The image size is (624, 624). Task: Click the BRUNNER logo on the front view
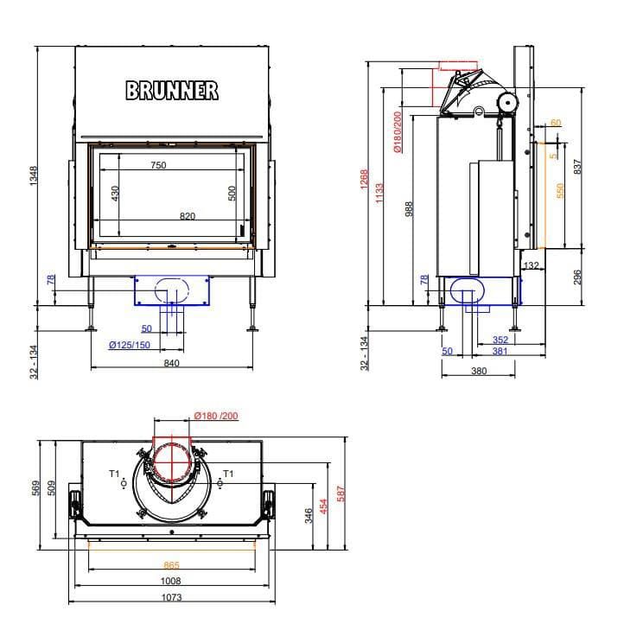click(172, 91)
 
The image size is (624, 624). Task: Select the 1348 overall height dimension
click(34, 175)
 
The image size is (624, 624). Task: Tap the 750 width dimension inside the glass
click(158, 165)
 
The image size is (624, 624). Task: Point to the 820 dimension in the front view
click(188, 216)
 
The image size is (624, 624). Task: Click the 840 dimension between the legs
click(171, 363)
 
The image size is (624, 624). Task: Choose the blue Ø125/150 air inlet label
click(130, 345)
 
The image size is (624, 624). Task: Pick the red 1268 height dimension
click(365, 180)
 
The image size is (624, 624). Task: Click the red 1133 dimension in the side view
click(379, 193)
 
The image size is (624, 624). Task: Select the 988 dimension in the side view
click(409, 209)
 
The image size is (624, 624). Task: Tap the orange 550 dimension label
click(560, 191)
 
